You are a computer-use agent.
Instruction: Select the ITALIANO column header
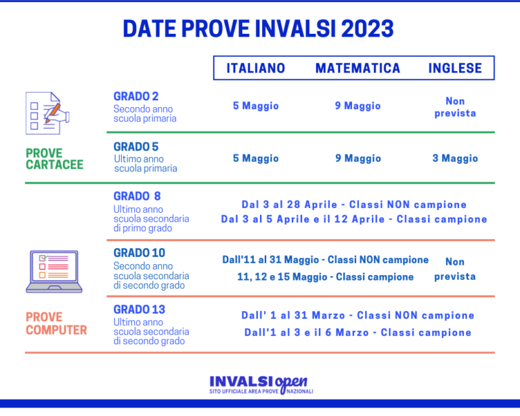pos(255,68)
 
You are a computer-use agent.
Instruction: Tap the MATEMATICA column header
pos(357,68)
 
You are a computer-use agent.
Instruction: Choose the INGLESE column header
pos(455,68)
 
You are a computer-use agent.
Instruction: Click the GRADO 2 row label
pos(136,97)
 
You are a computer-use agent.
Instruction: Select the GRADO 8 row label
pos(137,196)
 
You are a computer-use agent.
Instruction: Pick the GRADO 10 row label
pos(139,253)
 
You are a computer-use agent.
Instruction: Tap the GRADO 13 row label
pos(139,310)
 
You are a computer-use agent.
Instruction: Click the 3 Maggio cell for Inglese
pos(455,159)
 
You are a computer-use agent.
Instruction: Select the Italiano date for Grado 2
pos(255,106)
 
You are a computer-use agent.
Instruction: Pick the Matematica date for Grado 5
pos(357,159)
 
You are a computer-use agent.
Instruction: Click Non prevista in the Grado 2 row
pos(455,107)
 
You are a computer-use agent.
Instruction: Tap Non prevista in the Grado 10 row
pos(455,269)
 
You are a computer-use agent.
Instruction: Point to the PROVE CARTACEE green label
pos(54,159)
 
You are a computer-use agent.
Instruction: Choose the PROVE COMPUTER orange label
pos(56,324)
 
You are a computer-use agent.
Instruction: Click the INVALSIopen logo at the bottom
pos(261,384)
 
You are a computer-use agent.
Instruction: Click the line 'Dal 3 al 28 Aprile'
pos(354,205)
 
